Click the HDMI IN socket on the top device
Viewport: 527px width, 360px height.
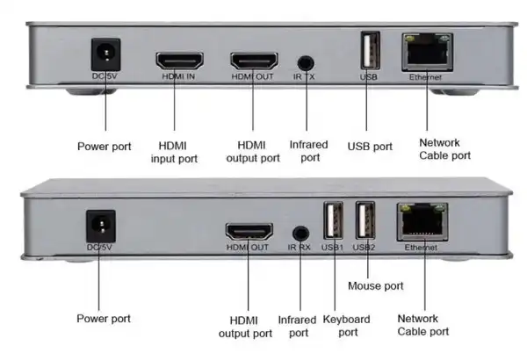pyautogui.click(x=179, y=61)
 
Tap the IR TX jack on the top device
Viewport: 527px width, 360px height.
pyautogui.click(x=306, y=63)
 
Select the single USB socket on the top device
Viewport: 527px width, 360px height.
pyautogui.click(x=369, y=52)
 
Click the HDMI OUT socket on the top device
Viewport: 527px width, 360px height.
pyautogui.click(x=254, y=61)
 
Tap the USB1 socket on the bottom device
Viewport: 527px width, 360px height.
pyautogui.click(x=334, y=220)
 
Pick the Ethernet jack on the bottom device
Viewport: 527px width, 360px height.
pyautogui.click(x=422, y=221)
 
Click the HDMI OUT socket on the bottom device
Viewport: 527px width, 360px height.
pyautogui.click(x=249, y=232)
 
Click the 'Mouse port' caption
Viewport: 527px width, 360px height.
pyautogui.click(x=375, y=286)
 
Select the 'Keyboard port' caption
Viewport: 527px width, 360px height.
pyautogui.click(x=346, y=326)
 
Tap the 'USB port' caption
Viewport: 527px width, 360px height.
pyautogui.click(x=370, y=147)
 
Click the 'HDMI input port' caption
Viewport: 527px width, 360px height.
pyautogui.click(x=178, y=152)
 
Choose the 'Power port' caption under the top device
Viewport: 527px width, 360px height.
pyautogui.click(x=105, y=146)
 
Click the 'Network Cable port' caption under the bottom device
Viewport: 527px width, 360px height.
pyautogui.click(x=423, y=325)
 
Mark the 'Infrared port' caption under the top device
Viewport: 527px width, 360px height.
pyautogui.click(x=310, y=152)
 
